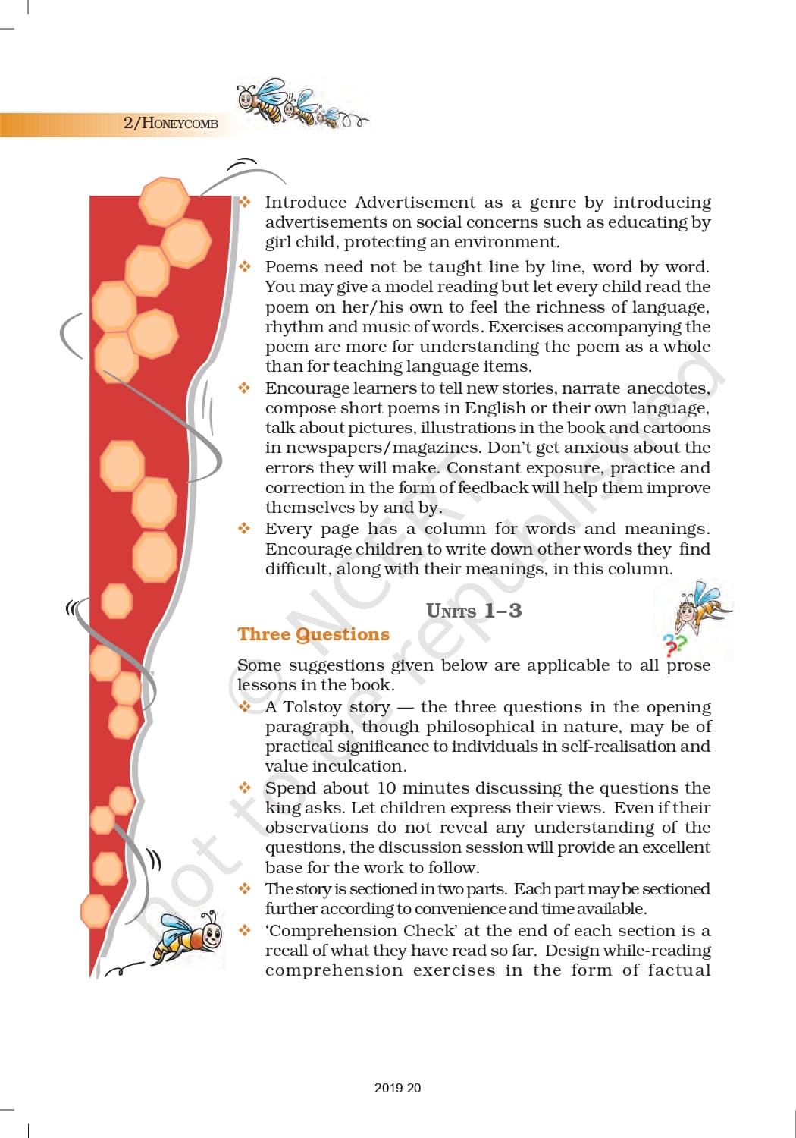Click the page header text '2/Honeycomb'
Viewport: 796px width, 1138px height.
[x=171, y=123]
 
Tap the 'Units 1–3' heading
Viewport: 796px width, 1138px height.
[x=474, y=611]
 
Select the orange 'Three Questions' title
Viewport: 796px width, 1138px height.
[x=313, y=634]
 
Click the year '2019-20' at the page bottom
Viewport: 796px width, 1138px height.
[x=397, y=1088]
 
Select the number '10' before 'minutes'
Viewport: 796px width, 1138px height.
[x=387, y=788]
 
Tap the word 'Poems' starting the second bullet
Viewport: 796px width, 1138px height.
[x=292, y=267]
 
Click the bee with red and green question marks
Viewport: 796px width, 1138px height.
[x=699, y=610]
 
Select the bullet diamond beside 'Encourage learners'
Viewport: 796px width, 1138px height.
[x=244, y=388]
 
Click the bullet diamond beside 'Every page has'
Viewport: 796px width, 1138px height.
[x=244, y=528]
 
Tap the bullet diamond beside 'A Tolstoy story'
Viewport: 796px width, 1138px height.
[x=244, y=706]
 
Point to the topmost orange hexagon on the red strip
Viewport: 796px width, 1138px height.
[x=164, y=201]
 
